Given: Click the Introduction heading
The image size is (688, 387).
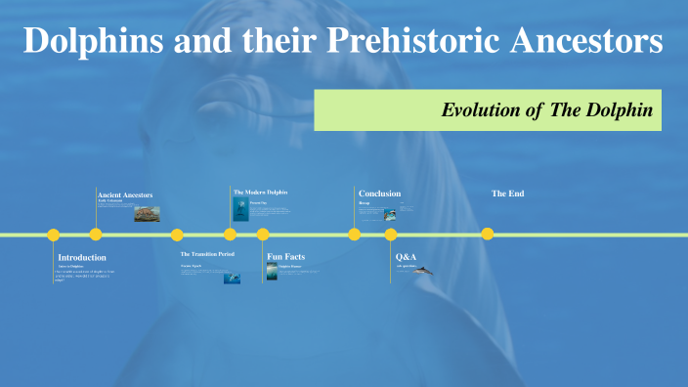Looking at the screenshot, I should point(82,257).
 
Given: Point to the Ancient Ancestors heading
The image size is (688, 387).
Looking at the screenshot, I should point(125,194).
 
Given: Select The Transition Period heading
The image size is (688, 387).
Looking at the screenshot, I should point(207,253).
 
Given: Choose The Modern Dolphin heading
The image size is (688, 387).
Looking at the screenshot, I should point(261,192).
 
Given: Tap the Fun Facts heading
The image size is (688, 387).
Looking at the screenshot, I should point(286,256).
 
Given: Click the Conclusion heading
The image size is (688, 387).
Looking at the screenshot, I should point(379,193).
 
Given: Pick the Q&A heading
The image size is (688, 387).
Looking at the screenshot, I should point(406,256).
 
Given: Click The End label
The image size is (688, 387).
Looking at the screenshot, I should point(507,193).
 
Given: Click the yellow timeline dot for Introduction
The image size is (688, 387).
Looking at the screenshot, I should point(54,235).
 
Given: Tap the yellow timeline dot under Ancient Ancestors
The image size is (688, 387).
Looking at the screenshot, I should point(96,235).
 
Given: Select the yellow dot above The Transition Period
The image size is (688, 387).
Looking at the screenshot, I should point(177,235).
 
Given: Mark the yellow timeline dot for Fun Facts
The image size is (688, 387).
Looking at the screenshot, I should point(263,235).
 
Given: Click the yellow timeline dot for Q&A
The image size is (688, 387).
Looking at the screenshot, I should point(391,235).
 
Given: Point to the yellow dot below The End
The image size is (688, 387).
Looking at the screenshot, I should point(488,234).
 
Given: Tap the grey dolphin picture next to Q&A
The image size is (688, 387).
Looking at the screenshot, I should point(422,270).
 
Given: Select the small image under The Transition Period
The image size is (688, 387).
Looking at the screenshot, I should point(232,278).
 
